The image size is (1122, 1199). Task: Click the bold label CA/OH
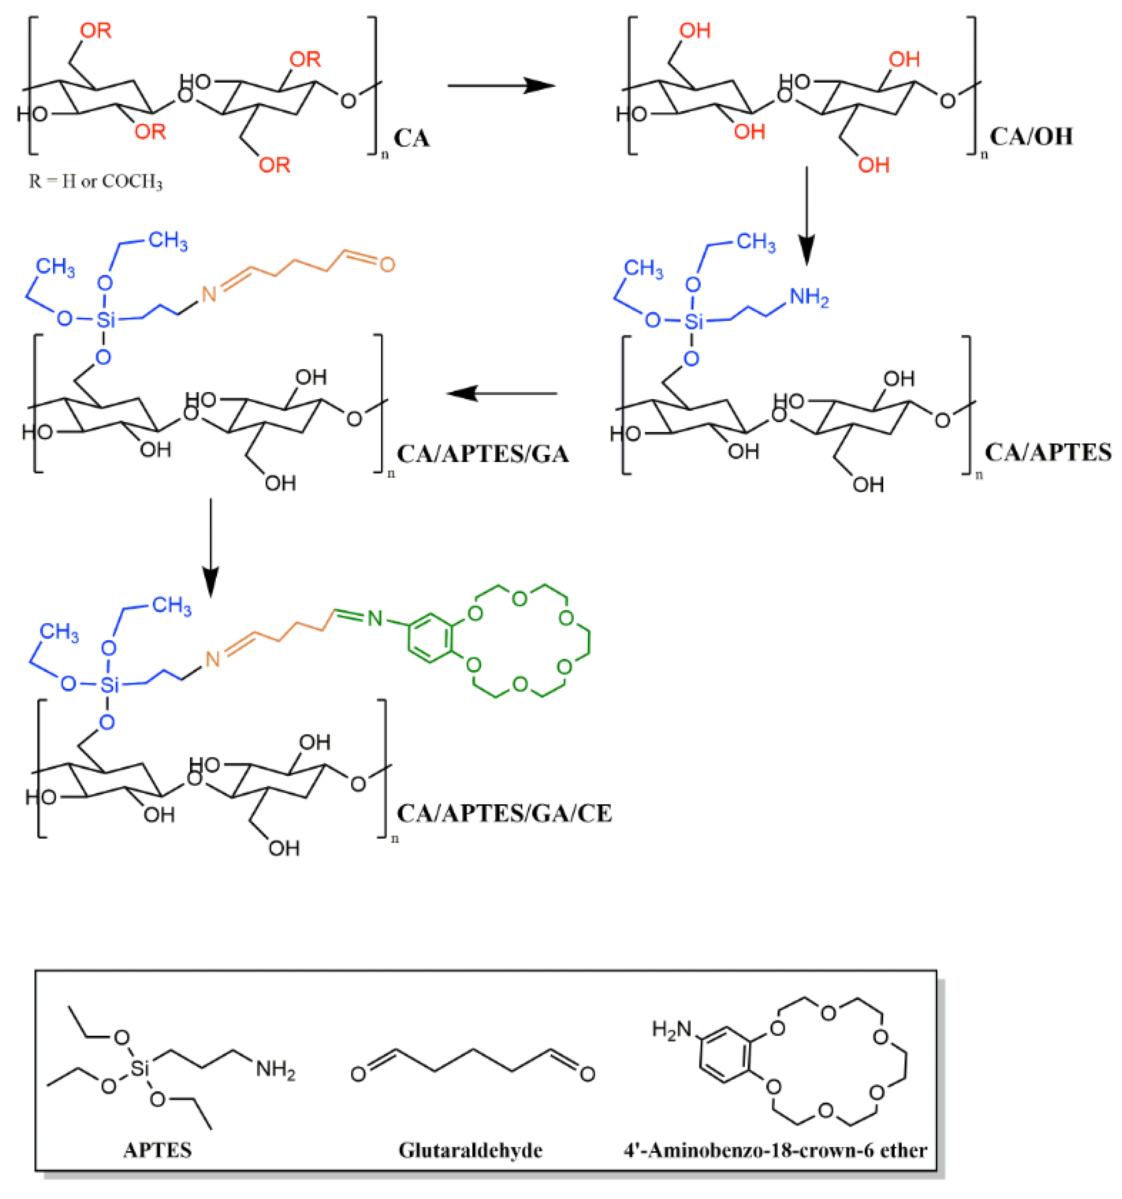click(1031, 136)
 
